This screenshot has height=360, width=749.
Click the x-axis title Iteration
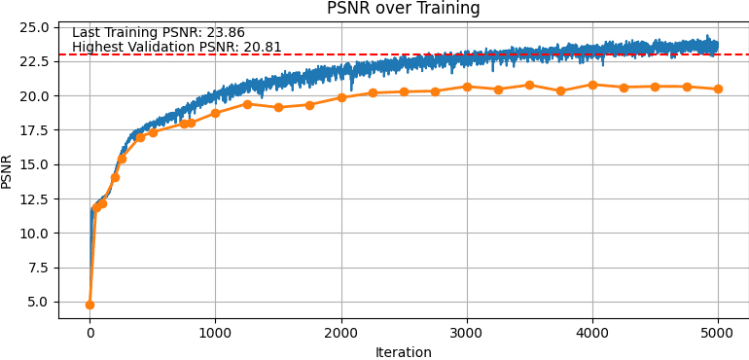pyautogui.click(x=403, y=352)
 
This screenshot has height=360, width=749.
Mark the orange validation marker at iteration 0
pyautogui.click(x=89, y=305)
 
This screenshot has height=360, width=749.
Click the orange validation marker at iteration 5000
pyautogui.click(x=718, y=89)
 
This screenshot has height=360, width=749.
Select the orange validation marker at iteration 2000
pyautogui.click(x=341, y=97)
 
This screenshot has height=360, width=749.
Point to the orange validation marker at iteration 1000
pyautogui.click(x=215, y=113)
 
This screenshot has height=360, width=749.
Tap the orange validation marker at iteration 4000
pyautogui.click(x=592, y=85)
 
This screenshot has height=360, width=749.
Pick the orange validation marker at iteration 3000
pyautogui.click(x=467, y=87)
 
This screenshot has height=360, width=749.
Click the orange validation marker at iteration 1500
pyautogui.click(x=278, y=107)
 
